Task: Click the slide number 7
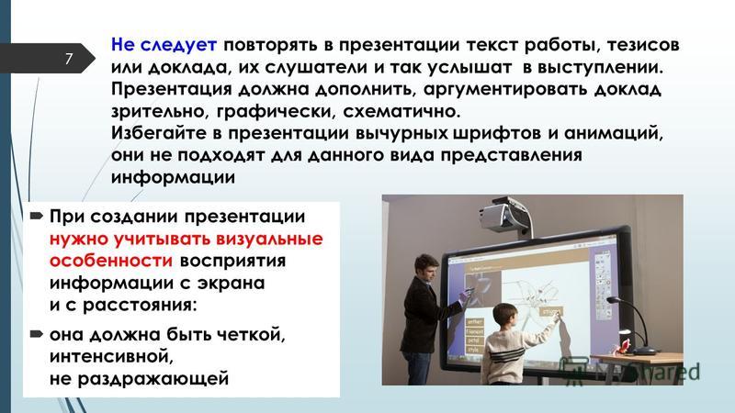[x=69, y=59]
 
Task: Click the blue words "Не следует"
[x=164, y=45]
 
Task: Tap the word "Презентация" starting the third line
[x=172, y=89]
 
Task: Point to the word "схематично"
[x=401, y=111]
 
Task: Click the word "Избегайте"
[x=160, y=133]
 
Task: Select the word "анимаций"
[x=614, y=133]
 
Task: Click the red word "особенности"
[x=111, y=261]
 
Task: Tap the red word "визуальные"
[x=263, y=239]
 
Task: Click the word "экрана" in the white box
[x=232, y=284]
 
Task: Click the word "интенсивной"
[x=111, y=356]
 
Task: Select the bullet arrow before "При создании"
[x=36, y=217]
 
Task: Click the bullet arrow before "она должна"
[x=36, y=334]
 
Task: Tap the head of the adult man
[x=426, y=268]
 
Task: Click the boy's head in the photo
[x=503, y=317]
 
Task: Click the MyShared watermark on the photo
[x=630, y=372]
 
